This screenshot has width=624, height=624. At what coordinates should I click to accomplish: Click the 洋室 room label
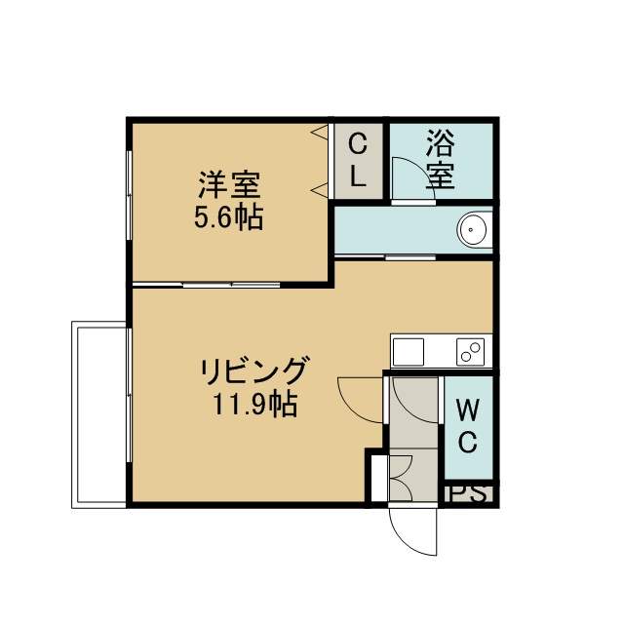coord(230,184)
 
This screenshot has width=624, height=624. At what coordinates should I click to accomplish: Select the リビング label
coord(254,370)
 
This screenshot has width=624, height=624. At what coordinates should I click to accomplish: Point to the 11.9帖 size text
coord(255,404)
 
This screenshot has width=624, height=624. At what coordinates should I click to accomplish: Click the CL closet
coord(358,161)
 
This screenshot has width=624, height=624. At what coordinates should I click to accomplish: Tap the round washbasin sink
coord(472,230)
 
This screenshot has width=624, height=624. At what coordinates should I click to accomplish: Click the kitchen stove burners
coord(471,351)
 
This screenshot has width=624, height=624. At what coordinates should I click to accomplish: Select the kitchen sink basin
coord(409,352)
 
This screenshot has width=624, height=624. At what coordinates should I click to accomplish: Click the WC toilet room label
coord(468,426)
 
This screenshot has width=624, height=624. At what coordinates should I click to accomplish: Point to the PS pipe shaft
coord(469,494)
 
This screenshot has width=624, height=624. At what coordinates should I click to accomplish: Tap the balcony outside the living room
coord(98,414)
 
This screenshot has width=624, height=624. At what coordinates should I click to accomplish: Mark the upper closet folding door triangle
coord(320,132)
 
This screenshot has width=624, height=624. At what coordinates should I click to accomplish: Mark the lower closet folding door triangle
coord(320,191)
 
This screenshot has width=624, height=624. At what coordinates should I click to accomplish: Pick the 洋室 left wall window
coord(129,195)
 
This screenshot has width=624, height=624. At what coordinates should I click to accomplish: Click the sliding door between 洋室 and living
coord(207,285)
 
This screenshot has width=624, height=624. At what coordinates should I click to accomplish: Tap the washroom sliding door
coord(385,256)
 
